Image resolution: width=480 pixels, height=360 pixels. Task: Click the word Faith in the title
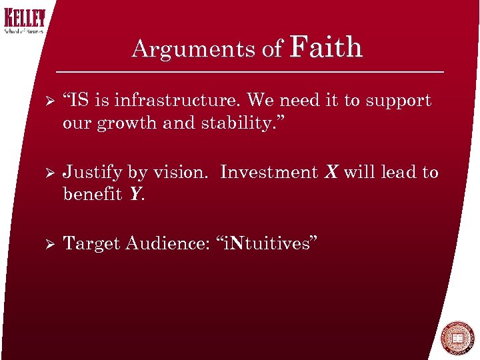[327, 47]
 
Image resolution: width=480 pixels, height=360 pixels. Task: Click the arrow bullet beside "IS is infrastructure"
[46, 101]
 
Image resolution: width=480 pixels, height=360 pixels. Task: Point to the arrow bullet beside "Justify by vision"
[46, 173]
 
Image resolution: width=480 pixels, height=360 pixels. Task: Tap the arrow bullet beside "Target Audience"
[46, 244]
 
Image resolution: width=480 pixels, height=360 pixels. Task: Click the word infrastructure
[176, 101]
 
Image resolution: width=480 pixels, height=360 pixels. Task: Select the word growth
[123, 123]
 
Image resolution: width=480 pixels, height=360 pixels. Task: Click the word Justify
[91, 173]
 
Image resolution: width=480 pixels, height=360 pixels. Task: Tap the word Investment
[269, 172]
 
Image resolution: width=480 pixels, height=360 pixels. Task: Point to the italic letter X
[331, 172]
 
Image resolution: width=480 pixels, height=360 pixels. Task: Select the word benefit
[93, 195]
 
